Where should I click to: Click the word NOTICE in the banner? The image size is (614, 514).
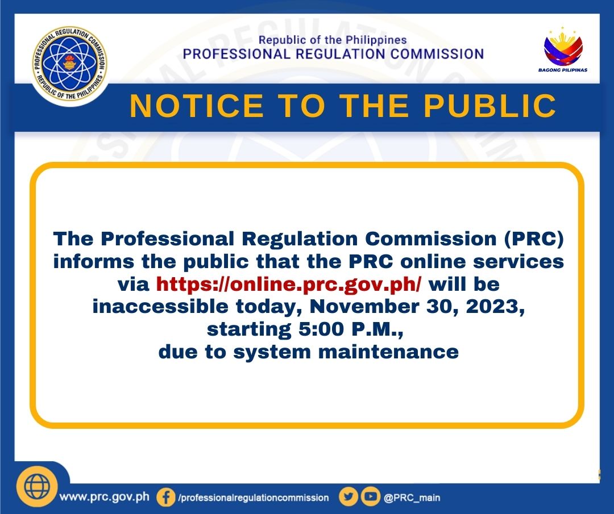(197, 106)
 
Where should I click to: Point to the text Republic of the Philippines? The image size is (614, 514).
(333, 40)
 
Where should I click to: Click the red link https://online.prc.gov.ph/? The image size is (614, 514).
(289, 284)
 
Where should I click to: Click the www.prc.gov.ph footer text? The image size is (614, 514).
(105, 497)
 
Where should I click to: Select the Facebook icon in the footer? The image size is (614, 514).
(165, 498)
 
